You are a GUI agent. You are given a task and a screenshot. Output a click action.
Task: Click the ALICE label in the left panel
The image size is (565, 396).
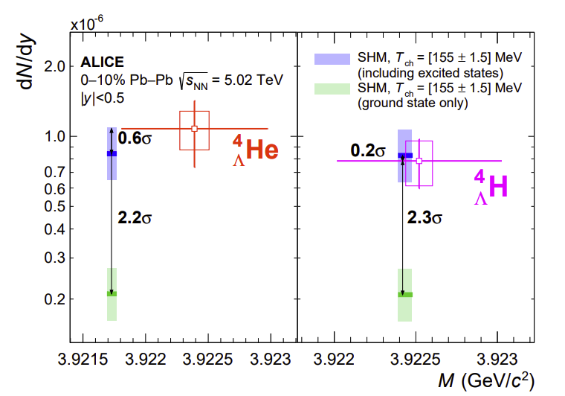point(102,63)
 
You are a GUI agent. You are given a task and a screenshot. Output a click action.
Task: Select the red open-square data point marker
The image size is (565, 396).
point(195,129)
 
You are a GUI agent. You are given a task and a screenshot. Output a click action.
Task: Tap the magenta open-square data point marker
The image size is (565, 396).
point(419,161)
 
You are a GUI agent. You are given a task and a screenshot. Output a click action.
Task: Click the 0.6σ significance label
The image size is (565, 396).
point(135,138)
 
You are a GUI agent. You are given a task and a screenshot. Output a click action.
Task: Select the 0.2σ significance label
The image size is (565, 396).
point(368,151)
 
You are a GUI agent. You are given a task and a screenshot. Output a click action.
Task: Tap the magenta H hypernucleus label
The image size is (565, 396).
point(491,186)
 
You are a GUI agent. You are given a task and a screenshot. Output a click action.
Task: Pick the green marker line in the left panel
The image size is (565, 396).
point(112,293)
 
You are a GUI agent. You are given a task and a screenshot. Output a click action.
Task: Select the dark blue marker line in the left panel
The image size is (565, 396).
point(112,153)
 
